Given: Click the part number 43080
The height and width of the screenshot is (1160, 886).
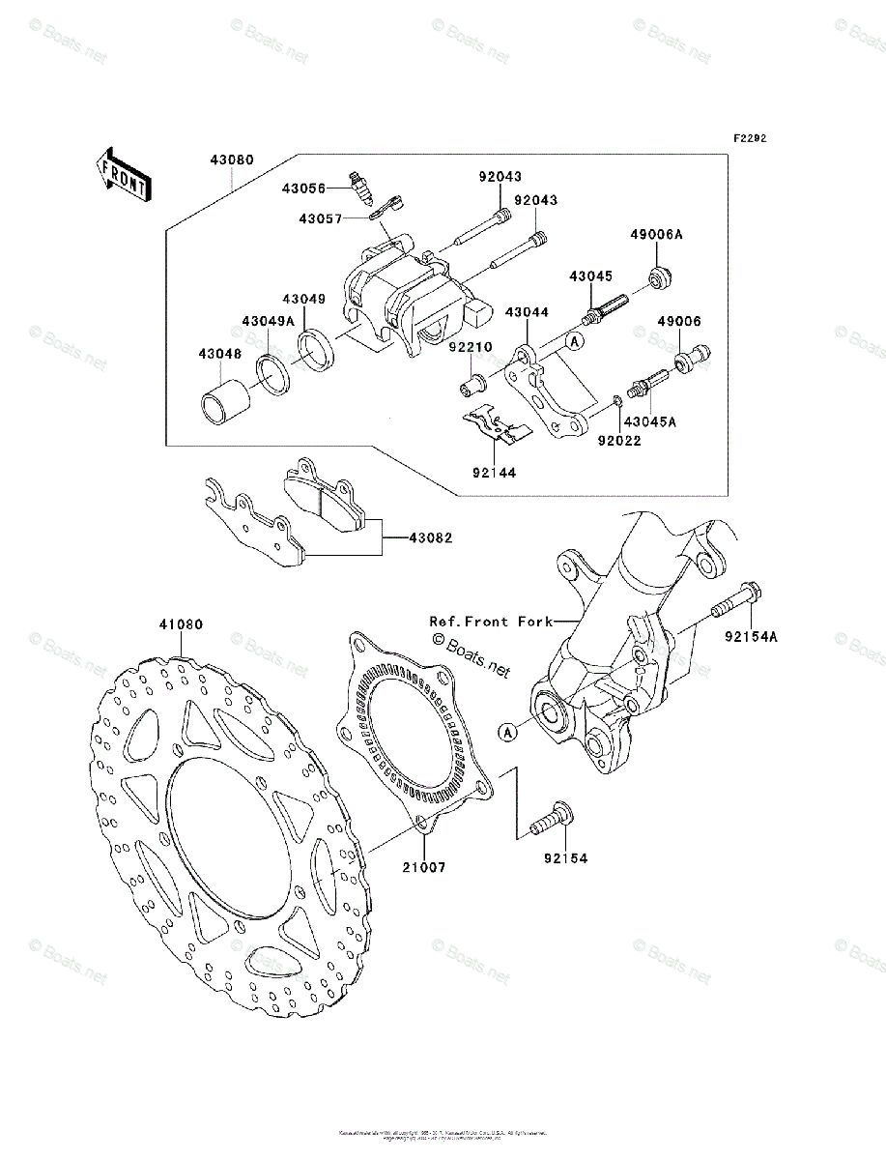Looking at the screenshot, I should click(x=228, y=160).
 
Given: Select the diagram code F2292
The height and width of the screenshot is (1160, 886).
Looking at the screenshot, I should click(x=749, y=138).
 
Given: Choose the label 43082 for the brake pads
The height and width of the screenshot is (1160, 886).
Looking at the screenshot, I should click(x=431, y=537).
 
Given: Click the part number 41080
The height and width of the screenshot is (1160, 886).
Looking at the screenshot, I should click(x=181, y=625).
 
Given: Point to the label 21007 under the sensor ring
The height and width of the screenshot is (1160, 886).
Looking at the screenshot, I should click(x=425, y=867).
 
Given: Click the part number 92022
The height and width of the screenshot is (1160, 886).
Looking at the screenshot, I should click(x=619, y=441).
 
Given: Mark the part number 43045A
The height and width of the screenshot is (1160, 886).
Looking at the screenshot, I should click(x=649, y=421).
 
